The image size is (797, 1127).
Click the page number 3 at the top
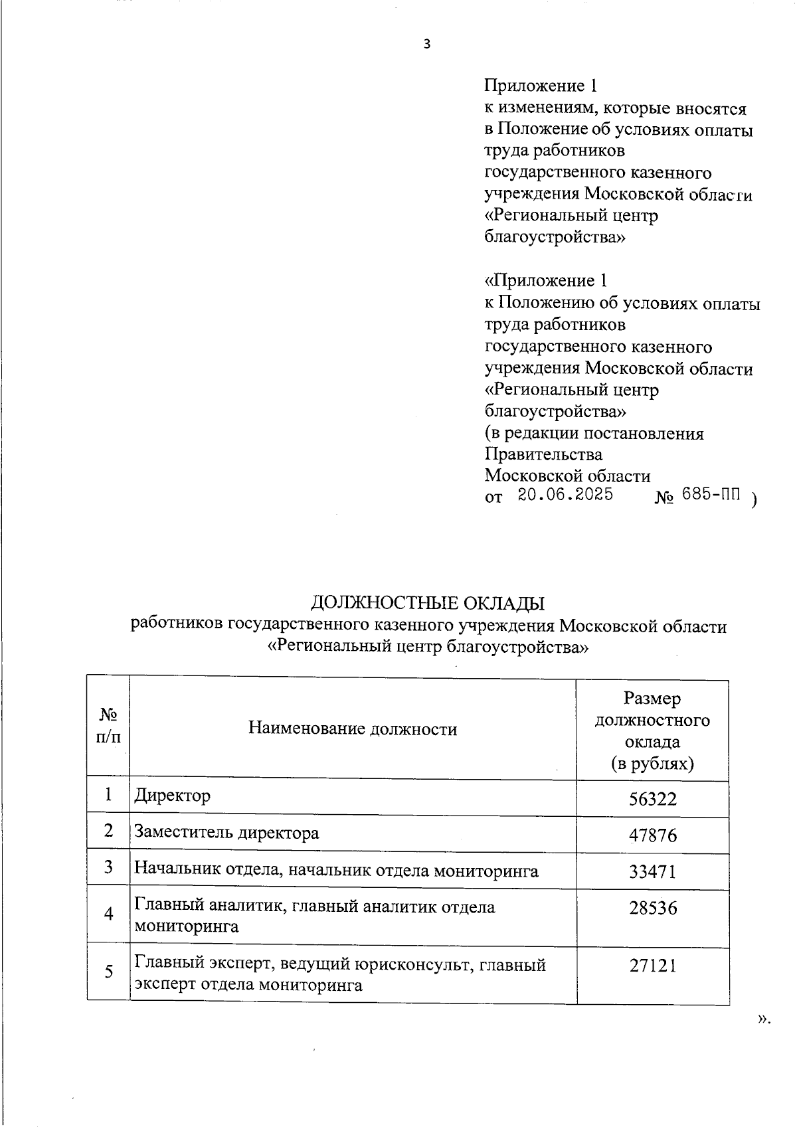[x=427, y=45]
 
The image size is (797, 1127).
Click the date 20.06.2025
[x=565, y=495]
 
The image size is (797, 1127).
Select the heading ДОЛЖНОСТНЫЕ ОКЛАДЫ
[x=428, y=603]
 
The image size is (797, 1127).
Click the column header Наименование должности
[x=353, y=729]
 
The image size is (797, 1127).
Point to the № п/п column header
[x=108, y=725]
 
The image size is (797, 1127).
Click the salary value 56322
[x=653, y=799]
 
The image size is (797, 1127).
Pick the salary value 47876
[x=653, y=835]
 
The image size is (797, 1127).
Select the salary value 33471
[x=653, y=871]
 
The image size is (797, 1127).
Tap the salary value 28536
[x=653, y=908]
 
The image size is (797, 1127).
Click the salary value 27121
[x=653, y=966]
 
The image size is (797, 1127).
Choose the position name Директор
[x=173, y=795]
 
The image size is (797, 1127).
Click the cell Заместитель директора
[x=226, y=832]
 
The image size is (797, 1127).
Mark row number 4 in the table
[x=108, y=914]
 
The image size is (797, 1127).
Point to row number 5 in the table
[x=108, y=972]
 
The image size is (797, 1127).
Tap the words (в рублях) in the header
[x=652, y=764]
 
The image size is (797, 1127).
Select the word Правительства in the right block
[x=543, y=454]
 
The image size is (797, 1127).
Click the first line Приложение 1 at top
[x=541, y=86]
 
